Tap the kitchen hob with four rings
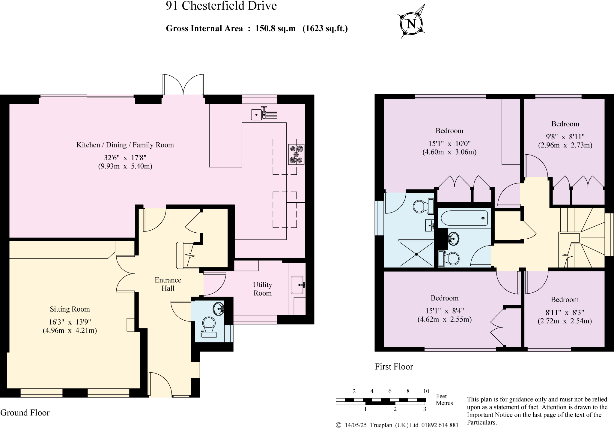[x=296, y=154]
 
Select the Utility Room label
[x=262, y=289]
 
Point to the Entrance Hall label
[x=168, y=284]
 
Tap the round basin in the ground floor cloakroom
[x=219, y=309]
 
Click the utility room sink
[x=297, y=285]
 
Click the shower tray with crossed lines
[x=417, y=254]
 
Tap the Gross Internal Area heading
[x=257, y=29]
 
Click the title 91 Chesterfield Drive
[x=221, y=6]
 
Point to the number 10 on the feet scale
[x=426, y=391]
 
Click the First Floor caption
[x=394, y=367]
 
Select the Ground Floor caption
[x=25, y=413]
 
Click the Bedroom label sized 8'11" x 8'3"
[x=565, y=300]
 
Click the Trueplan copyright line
[x=397, y=425]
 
